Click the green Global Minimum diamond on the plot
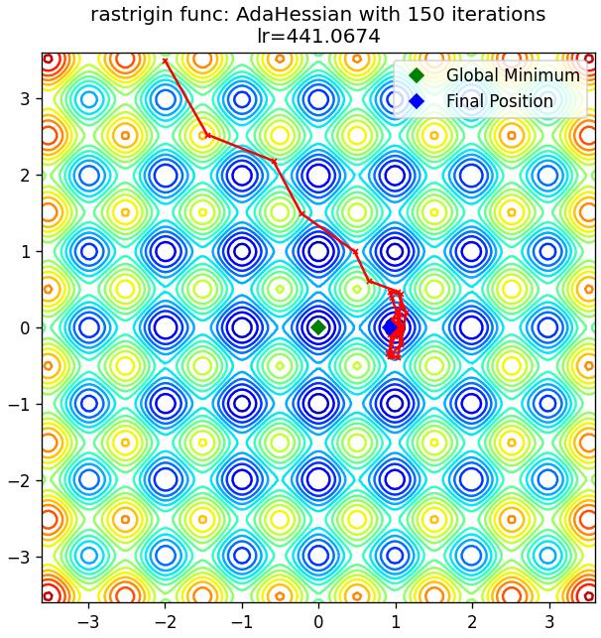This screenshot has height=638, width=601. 318,327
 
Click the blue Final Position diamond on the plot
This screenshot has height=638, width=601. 390,327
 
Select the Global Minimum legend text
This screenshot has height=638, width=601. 513,75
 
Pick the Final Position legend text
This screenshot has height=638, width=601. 500,101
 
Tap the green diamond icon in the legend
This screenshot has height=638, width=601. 417,75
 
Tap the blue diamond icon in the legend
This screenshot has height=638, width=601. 417,101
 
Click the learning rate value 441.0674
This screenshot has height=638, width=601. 333,37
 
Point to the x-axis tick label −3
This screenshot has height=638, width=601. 89,622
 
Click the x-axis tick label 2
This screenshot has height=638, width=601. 472,622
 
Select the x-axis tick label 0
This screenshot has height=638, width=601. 318,622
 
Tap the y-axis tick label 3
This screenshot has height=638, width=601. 25,99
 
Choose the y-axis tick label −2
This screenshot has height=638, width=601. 19,480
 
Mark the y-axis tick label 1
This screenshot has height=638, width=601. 25,251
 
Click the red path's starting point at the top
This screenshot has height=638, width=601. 165,62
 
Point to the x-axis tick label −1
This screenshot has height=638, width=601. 242,622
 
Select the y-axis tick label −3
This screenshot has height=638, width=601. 19,557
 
